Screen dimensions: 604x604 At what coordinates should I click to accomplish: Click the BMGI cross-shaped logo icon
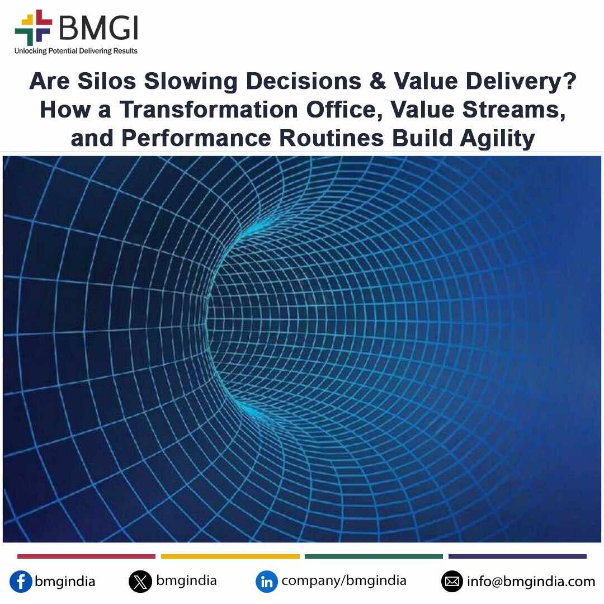coord(33,27)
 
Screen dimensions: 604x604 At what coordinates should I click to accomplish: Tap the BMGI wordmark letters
coord(98,28)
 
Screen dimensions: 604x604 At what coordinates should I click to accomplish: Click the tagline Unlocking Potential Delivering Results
coord(76,51)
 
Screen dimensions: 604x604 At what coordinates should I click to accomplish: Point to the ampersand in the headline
coord(377,81)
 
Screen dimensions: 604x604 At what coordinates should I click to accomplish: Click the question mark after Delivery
coord(569,81)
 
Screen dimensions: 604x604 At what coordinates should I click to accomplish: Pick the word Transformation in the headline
coord(209,110)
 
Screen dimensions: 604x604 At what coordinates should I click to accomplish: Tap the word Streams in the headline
coord(513,110)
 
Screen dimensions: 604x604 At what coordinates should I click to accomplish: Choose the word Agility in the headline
coord(497,139)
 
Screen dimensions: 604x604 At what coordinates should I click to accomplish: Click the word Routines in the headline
coord(331,138)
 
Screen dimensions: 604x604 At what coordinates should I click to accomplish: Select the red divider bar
coord(86,556)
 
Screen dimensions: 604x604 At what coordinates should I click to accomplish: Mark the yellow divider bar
coord(230,556)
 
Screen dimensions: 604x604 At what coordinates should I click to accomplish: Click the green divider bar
coord(374,556)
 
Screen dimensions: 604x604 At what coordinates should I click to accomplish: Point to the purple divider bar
coord(518,556)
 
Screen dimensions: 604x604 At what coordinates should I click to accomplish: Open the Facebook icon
coord(21,581)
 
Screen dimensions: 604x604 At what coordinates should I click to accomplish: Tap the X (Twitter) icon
coord(140,581)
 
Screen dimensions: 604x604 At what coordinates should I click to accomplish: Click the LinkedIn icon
coord(267,581)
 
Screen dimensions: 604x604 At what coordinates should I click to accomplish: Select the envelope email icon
coord(452,581)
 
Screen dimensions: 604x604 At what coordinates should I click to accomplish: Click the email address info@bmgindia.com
coord(531,581)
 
